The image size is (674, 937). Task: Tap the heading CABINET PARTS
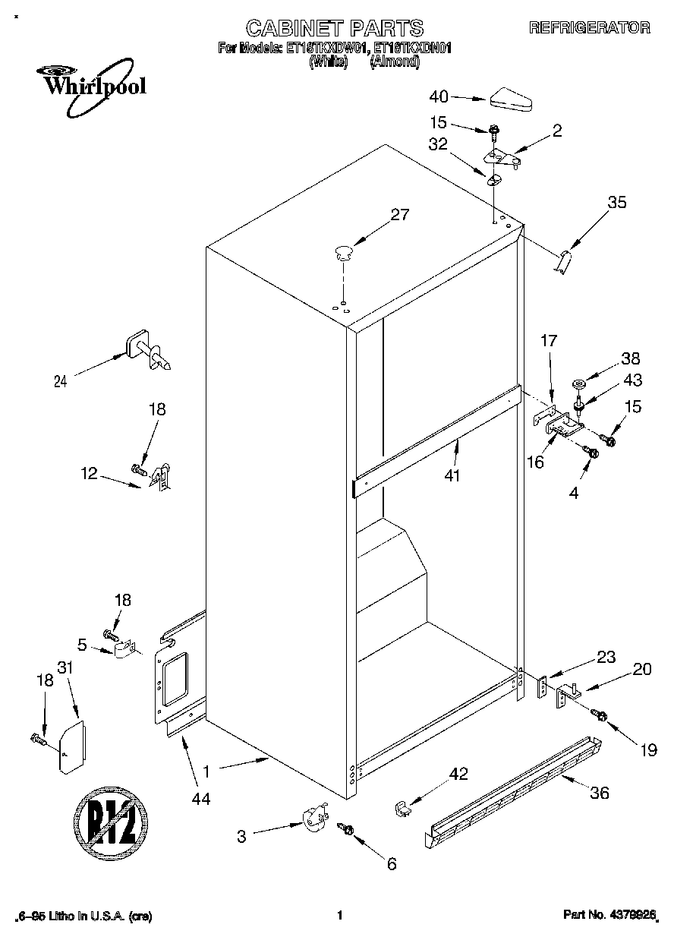tap(334, 28)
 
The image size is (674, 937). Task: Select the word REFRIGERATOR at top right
tap(589, 28)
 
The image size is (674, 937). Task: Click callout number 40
tap(439, 96)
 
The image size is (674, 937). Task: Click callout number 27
tap(399, 215)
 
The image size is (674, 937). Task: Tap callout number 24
tap(61, 382)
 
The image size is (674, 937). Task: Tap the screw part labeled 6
tap(348, 830)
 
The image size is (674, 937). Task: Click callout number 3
tap(241, 837)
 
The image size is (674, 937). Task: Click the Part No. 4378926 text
tap(609, 916)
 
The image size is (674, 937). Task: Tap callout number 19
tap(647, 750)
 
